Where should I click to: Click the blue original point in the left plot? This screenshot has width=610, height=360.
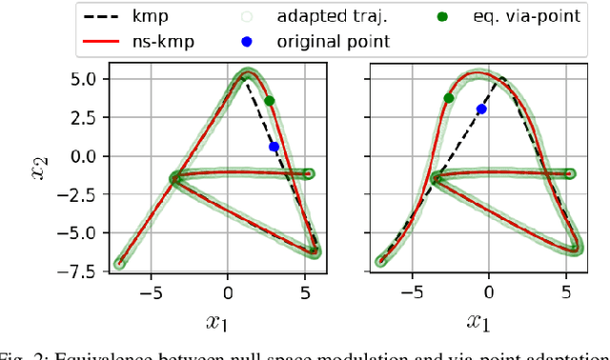click(274, 147)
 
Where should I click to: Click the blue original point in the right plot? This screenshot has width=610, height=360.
click(481, 110)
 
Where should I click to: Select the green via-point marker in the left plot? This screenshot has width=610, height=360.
click(269, 101)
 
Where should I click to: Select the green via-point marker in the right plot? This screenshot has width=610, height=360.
click(449, 97)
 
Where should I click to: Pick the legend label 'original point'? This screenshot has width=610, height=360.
click(334, 42)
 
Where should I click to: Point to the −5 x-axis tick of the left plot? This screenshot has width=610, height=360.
click(146, 293)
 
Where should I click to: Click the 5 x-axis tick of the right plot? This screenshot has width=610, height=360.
click(567, 293)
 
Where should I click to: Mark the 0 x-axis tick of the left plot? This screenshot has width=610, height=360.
click(227, 293)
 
